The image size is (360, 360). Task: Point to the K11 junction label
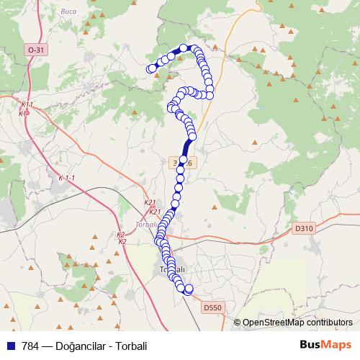[x=27, y=105]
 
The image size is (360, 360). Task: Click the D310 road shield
[x=305, y=228]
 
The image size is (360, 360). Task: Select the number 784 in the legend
[x=30, y=346]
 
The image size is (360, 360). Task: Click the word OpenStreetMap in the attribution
[x=268, y=323]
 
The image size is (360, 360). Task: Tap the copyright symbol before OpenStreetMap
[x=237, y=323]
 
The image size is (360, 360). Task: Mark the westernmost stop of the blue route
[x=151, y=68]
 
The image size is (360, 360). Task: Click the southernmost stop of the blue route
[x=189, y=290]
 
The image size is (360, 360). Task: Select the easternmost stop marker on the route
[x=210, y=95]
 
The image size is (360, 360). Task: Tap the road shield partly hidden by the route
[x=182, y=163]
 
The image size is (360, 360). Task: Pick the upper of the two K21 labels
[x=150, y=203]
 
